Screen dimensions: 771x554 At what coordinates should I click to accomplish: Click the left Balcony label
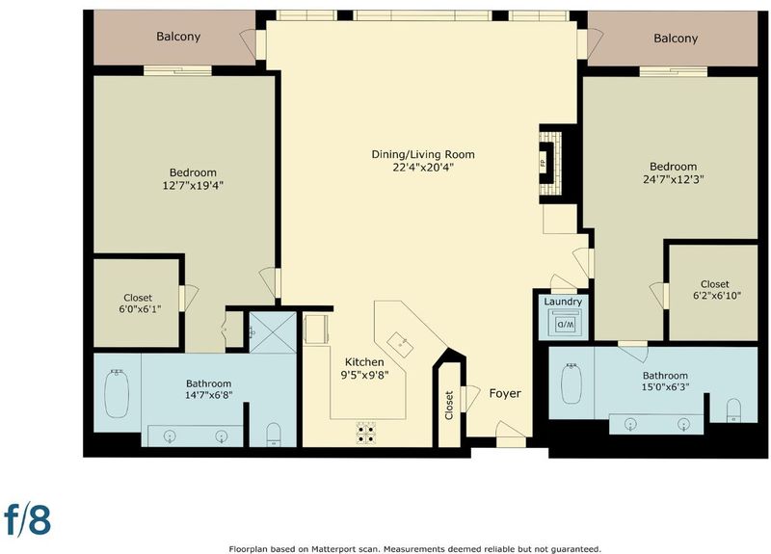click(178, 37)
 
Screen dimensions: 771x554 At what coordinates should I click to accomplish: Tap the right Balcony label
click(676, 39)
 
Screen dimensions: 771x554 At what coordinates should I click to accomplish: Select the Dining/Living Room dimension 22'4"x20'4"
click(423, 167)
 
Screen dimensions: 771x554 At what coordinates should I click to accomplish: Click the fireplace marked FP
click(550, 164)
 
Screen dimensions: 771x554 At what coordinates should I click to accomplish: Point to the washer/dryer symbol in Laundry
click(564, 324)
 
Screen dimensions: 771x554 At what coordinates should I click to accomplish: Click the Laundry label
click(563, 302)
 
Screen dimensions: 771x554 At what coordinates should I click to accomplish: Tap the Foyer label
click(505, 393)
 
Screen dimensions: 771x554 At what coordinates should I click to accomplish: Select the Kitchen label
click(364, 362)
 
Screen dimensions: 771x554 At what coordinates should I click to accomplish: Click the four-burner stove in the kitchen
click(366, 433)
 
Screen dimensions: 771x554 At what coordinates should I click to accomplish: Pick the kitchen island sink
click(400, 345)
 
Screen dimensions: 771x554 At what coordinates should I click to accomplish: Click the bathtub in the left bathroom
click(117, 394)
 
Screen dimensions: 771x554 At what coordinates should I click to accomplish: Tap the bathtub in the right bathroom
click(572, 383)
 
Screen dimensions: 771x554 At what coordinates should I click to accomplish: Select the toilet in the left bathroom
click(274, 435)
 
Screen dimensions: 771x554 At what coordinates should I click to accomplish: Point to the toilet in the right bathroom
click(733, 410)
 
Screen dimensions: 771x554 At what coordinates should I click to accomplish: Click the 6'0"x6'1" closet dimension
click(140, 309)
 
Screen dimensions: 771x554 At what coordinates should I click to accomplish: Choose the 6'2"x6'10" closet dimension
click(716, 296)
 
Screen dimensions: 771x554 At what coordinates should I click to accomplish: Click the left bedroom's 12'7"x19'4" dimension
click(193, 185)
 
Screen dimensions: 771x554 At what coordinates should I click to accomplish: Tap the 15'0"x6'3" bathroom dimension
click(665, 387)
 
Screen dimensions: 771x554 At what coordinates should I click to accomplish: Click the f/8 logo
click(28, 519)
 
